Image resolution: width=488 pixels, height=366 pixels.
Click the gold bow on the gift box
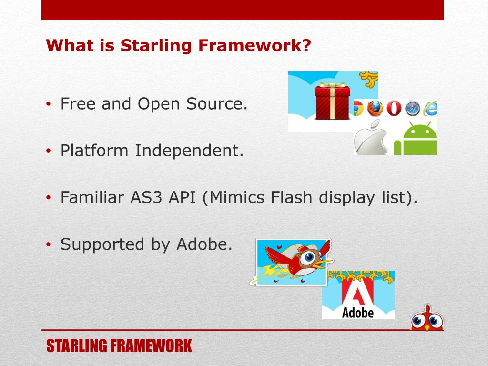[332, 85]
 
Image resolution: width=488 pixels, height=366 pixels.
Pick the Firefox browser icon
[375, 108]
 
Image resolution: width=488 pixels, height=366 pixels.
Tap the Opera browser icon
[394, 109]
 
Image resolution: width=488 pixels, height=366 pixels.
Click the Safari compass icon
[412, 109]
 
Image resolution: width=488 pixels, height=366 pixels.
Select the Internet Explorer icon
[430, 108]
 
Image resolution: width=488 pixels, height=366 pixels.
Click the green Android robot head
[420, 131]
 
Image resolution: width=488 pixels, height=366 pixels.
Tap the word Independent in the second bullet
[189, 150]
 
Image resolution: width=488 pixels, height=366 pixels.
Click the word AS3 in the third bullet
[146, 197]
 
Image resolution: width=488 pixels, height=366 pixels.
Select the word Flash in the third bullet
[291, 197]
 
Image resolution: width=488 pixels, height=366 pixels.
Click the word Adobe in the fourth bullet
[204, 244]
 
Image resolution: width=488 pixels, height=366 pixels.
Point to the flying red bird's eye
[309, 257]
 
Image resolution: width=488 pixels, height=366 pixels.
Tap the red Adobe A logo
[357, 291]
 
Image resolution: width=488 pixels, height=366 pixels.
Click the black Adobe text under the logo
[357, 313]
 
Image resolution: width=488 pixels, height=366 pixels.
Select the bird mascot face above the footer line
[427, 318]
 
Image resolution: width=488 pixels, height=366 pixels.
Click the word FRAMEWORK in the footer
[151, 346]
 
